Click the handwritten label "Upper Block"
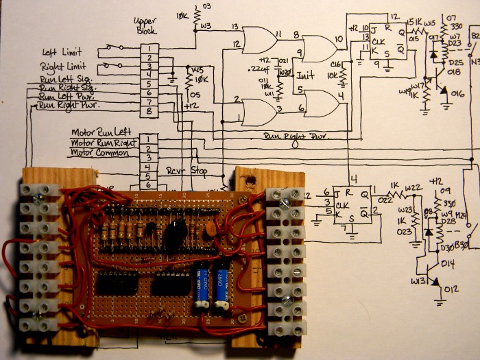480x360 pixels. [147, 26]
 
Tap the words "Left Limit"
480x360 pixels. [62, 52]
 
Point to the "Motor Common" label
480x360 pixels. [99, 153]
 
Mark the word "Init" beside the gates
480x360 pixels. [306, 75]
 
